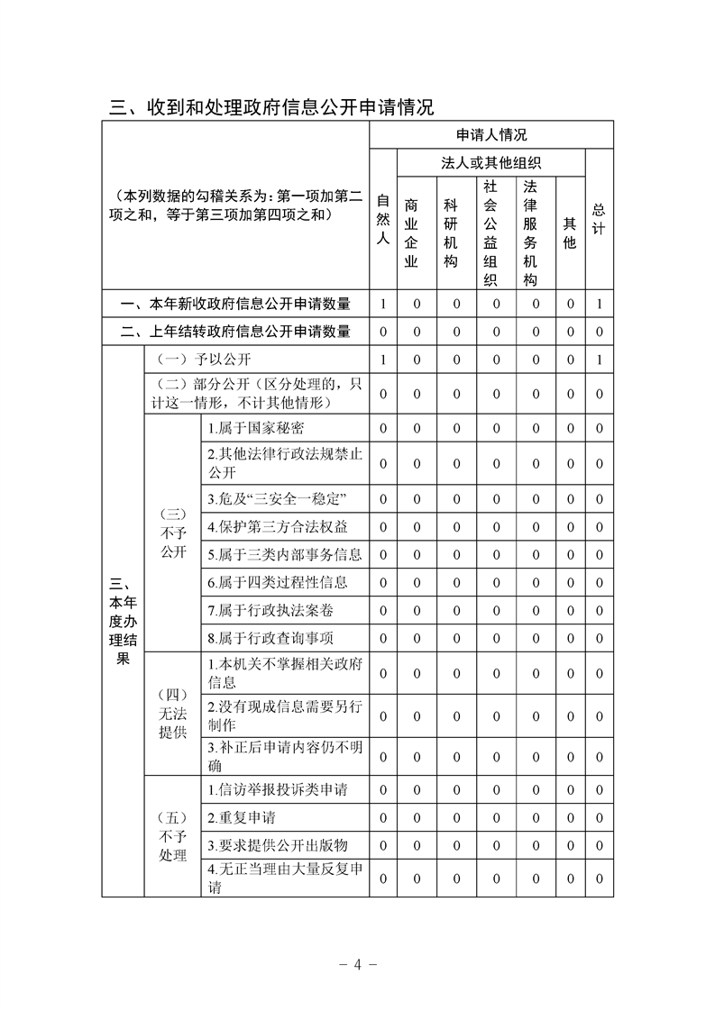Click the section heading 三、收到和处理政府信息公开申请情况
click(271, 108)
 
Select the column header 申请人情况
click(491, 135)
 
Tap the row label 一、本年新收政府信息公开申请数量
click(235, 305)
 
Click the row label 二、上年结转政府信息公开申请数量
click(235, 332)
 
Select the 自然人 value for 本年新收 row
click(382, 305)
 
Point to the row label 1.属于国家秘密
click(256, 429)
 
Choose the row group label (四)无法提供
click(172, 713)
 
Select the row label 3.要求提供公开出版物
click(277, 846)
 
